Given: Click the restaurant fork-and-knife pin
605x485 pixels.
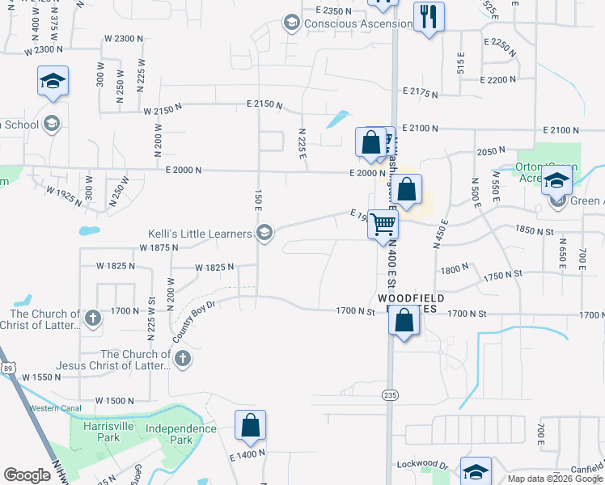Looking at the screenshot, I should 428,16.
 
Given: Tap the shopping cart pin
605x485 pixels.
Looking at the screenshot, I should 383,224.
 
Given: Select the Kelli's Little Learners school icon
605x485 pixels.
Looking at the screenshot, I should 264,234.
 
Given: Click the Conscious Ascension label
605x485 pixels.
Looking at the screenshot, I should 357,23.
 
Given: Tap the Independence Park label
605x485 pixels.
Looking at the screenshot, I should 181,434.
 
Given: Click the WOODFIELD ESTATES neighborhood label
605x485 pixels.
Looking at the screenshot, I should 411,304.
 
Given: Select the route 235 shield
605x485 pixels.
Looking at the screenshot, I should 389,393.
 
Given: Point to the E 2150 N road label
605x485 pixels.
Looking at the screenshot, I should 264,104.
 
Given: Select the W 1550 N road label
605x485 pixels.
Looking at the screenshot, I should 42,377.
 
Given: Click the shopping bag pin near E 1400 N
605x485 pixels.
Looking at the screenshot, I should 251,425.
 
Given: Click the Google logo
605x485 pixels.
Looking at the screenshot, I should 27,475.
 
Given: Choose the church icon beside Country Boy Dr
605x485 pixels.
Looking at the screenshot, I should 183,358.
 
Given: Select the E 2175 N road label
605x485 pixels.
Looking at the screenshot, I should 419,94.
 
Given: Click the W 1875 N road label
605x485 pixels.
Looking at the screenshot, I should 159,247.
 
